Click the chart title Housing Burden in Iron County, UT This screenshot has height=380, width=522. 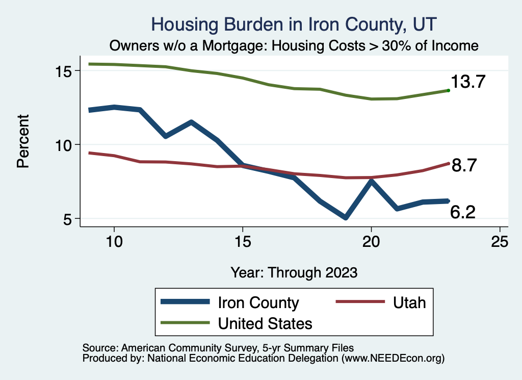[x=294, y=24]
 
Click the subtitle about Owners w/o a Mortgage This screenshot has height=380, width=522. [x=294, y=46]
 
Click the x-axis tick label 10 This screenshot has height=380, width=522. [x=114, y=242]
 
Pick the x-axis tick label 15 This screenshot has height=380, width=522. [x=243, y=242]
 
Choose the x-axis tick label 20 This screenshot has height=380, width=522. [x=371, y=242]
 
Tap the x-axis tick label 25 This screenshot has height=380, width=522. [x=500, y=242]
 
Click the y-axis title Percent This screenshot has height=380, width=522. [x=22, y=145]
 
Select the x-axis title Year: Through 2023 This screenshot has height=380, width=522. [x=294, y=272]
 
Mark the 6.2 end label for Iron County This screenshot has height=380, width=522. [x=463, y=212]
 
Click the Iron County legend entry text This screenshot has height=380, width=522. [x=258, y=302]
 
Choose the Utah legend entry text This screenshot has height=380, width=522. [x=409, y=302]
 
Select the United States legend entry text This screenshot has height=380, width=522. [x=265, y=323]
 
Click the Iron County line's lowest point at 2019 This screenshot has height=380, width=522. [x=346, y=218]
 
